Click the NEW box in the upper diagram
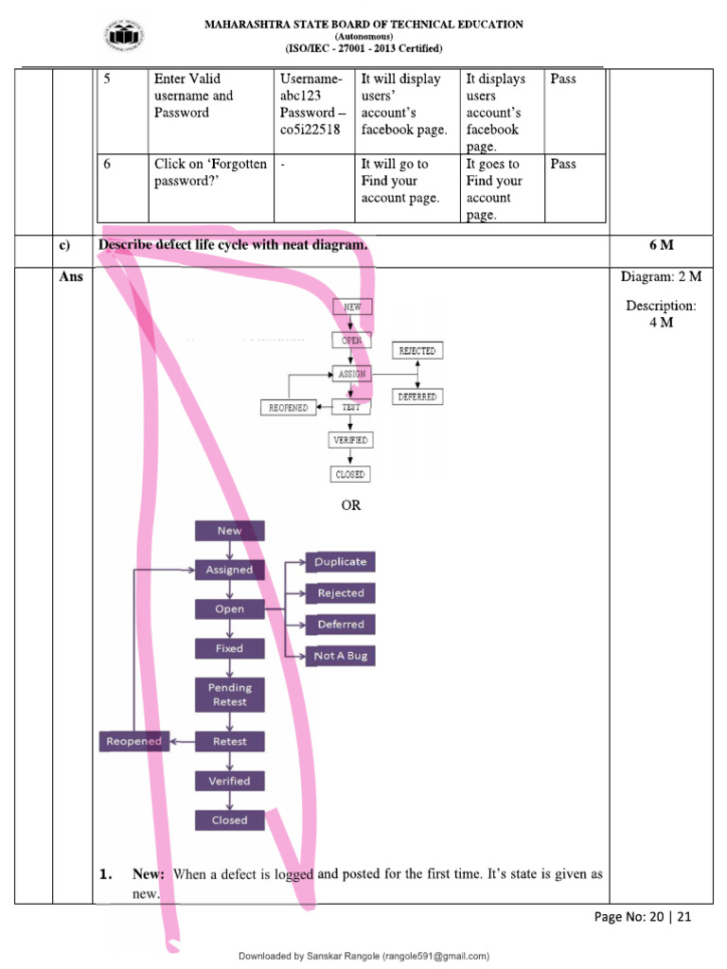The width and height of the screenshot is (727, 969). click(352, 307)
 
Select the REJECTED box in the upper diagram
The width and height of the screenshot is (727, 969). click(417, 351)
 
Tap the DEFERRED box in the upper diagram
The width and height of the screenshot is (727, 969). click(417, 396)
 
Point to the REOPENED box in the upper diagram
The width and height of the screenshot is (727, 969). click(288, 407)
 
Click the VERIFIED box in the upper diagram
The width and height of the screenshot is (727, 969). click(350, 440)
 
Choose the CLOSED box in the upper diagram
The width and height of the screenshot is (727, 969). click(350, 474)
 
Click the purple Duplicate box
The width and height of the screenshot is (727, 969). click(340, 562)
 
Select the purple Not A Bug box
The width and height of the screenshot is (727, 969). click(340, 656)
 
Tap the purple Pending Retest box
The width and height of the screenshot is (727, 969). click(229, 695)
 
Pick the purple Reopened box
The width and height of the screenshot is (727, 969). click(133, 741)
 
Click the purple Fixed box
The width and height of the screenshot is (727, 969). click(229, 648)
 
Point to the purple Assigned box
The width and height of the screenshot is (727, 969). click(229, 570)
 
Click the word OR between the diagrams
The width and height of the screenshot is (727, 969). click(351, 505)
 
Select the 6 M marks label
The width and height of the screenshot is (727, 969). click(661, 246)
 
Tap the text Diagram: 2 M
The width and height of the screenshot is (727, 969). click(661, 276)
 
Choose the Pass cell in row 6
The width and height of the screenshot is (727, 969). click(563, 164)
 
